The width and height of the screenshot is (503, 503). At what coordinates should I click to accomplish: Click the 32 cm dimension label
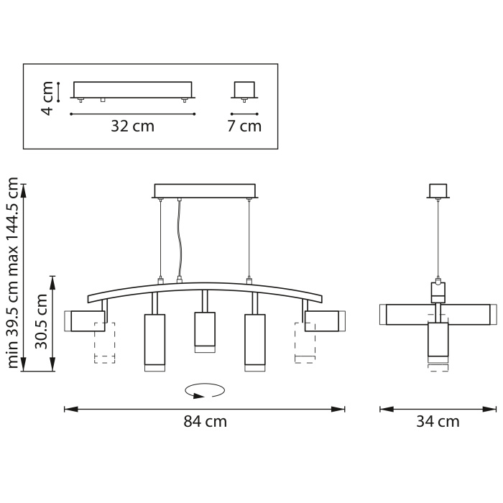132,126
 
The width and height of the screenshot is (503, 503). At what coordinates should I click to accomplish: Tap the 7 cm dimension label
244,126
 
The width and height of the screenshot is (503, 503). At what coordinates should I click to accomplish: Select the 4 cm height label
47,98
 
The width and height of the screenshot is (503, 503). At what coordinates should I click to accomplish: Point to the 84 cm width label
205,421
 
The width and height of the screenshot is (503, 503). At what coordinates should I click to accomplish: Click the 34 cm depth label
438,421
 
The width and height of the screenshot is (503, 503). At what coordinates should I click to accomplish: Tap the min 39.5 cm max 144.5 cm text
12,272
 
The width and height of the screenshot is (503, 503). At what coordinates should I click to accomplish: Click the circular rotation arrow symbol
205,391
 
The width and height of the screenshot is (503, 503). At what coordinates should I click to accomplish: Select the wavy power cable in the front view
180,239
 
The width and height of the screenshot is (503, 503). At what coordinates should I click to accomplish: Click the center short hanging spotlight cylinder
205,332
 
